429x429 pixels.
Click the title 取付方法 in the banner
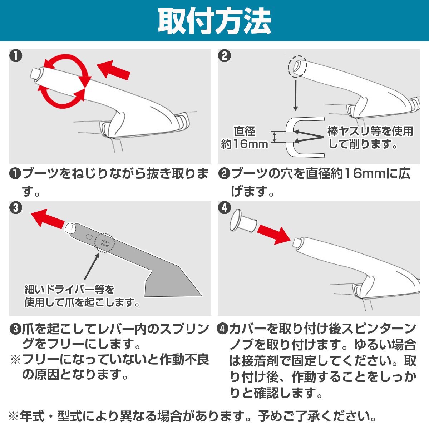[x=214, y=21]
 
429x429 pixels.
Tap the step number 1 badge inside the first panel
[x=16, y=56]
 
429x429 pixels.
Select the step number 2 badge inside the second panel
[x=225, y=56]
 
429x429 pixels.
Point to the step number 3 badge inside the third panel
[x=16, y=208]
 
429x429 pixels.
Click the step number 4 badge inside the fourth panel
[x=225, y=208]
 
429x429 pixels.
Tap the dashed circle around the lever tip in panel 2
[x=297, y=66]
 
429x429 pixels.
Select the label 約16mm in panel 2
[x=245, y=144]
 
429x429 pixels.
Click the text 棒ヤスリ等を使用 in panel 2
[x=370, y=131]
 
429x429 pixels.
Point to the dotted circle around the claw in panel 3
[x=104, y=243]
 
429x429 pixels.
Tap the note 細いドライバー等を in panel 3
[x=69, y=290]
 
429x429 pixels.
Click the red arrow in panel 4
[x=274, y=235]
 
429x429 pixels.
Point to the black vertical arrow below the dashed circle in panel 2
[x=295, y=95]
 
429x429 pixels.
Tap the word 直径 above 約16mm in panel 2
[x=245, y=131]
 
